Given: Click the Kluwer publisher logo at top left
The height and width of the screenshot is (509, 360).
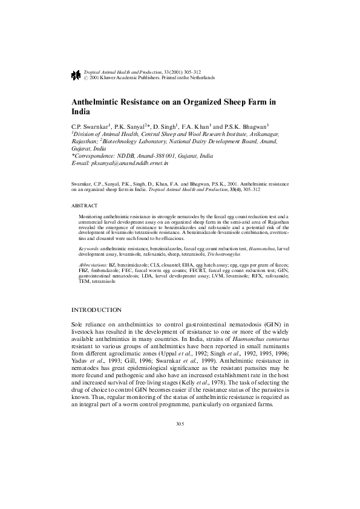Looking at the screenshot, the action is (76, 74).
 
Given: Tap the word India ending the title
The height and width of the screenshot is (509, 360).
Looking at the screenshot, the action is (81, 112).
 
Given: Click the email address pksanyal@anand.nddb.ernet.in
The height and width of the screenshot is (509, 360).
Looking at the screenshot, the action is (128, 163).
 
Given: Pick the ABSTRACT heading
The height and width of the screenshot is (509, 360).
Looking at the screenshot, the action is (84, 206).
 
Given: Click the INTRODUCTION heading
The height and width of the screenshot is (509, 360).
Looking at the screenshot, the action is (97, 310).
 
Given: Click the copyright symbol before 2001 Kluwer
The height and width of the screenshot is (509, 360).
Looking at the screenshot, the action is (85, 78).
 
